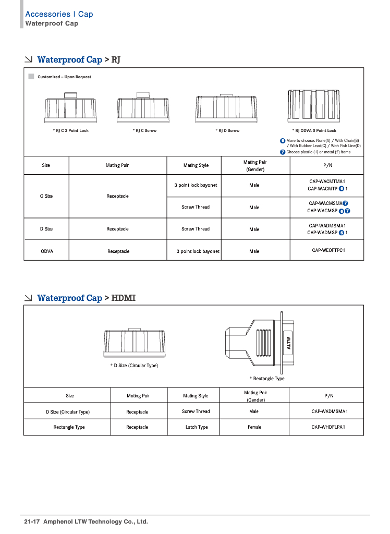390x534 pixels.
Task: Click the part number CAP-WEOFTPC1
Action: tap(328, 250)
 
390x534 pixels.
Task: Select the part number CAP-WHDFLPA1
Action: tap(328, 427)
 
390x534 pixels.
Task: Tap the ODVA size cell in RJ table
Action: tap(47, 251)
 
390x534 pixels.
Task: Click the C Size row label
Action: tap(46, 196)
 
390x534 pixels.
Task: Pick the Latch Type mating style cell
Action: tap(197, 427)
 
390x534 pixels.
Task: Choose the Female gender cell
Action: tap(254, 427)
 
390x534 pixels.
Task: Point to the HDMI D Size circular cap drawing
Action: tap(135, 344)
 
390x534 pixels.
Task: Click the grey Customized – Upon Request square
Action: tap(31, 77)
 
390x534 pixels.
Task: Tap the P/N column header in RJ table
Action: tap(328, 165)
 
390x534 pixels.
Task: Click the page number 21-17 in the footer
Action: tap(32, 521)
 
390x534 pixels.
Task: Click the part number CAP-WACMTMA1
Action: tap(327, 181)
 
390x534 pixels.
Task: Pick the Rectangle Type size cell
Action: tap(69, 427)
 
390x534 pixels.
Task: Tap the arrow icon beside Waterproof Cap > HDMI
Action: tap(29, 298)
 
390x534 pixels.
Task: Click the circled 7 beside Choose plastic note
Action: tap(283, 152)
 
